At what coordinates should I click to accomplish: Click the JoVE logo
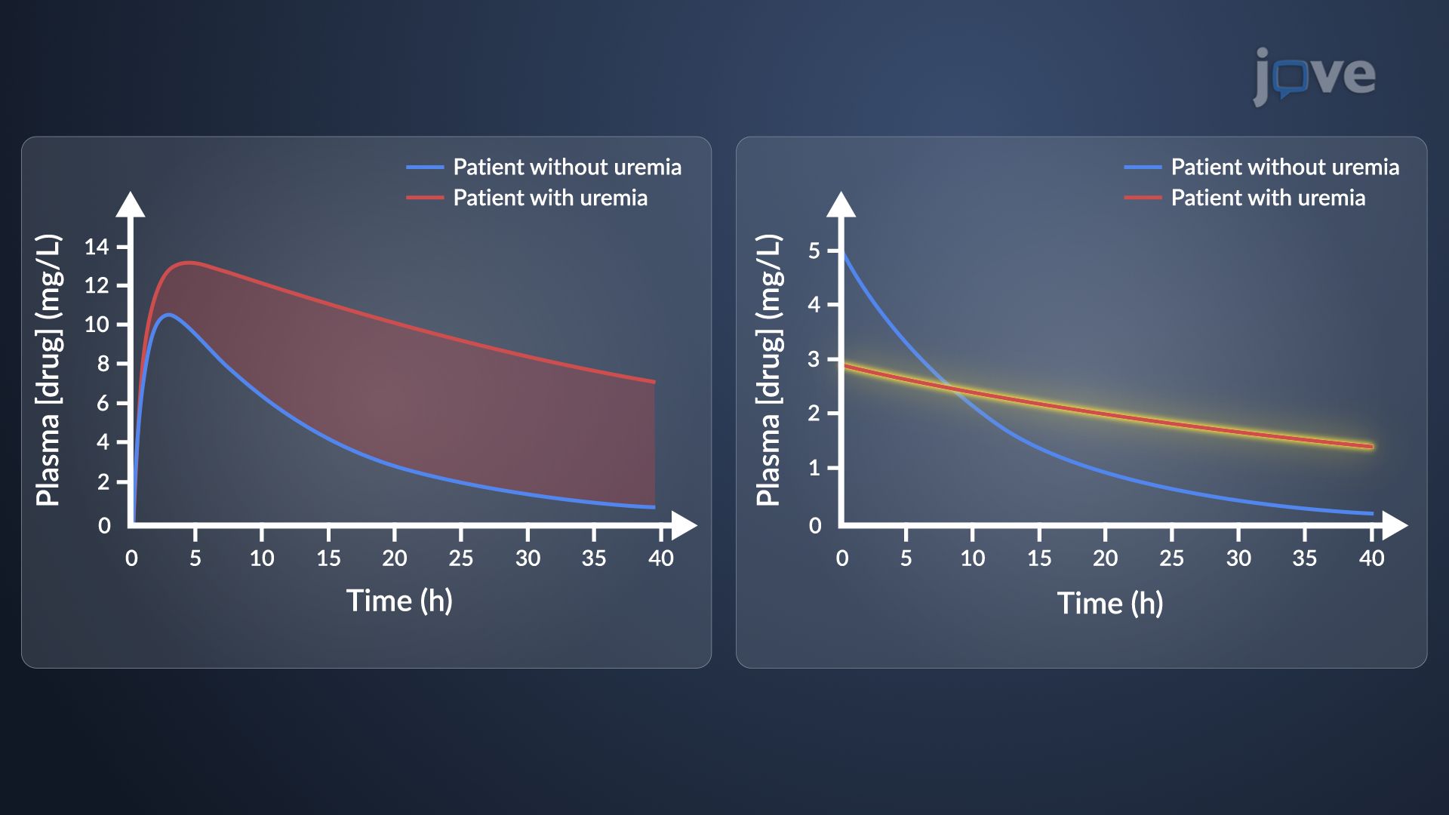click(1315, 75)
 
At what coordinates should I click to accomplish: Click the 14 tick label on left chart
click(97, 247)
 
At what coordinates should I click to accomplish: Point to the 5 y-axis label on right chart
click(814, 251)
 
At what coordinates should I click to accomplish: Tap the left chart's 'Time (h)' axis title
click(399, 601)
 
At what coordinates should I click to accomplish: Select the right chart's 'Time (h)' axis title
click(1109, 603)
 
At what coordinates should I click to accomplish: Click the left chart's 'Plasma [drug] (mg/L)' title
click(48, 370)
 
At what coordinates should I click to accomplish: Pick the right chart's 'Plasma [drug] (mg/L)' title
click(768, 370)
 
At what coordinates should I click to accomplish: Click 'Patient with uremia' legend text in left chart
click(550, 198)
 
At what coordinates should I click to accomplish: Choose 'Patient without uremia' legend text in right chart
click(1284, 167)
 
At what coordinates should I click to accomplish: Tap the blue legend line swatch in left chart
click(425, 167)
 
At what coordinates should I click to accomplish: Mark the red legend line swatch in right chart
click(1143, 198)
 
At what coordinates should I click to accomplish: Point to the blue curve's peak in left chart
click(168, 314)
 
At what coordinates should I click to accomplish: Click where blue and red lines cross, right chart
click(952, 390)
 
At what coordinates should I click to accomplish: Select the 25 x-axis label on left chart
click(460, 558)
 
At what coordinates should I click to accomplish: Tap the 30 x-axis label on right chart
click(1238, 558)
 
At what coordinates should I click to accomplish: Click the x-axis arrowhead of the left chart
click(684, 525)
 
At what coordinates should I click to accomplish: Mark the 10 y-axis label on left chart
click(97, 324)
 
